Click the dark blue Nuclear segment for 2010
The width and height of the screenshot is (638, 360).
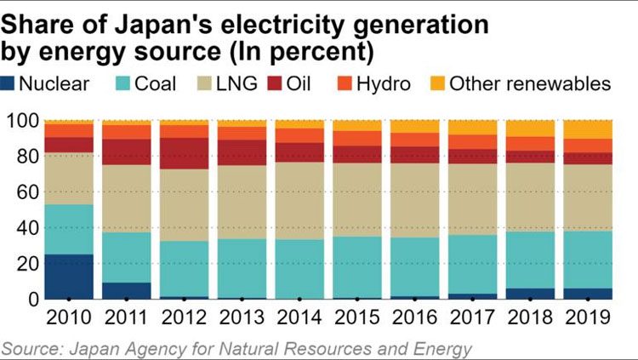pyautogui.click(x=69, y=277)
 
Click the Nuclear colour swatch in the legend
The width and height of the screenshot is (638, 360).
pyautogui.click(x=10, y=83)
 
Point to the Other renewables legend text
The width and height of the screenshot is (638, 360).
pyautogui.click(x=529, y=83)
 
